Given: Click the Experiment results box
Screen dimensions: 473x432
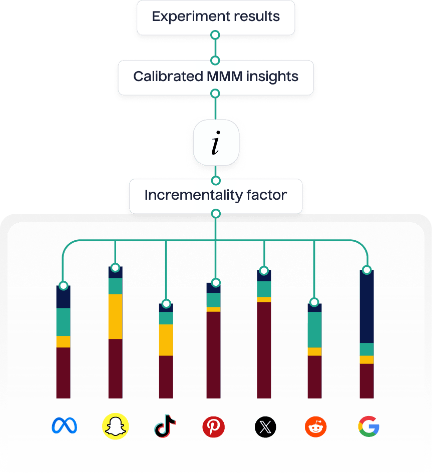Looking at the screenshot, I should point(216,17).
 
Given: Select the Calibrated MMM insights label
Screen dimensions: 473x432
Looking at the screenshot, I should point(216,77).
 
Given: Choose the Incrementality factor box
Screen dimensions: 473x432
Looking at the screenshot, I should point(216,195).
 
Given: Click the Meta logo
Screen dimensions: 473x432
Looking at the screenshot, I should point(64,426).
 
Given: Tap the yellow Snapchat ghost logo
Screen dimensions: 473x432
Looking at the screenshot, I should point(116,426).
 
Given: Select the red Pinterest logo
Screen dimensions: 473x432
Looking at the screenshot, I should point(214,427).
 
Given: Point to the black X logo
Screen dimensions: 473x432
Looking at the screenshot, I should point(265,427).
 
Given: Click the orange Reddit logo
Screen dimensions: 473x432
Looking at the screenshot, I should point(315,427).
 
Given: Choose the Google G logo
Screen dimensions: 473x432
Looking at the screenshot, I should point(368,427).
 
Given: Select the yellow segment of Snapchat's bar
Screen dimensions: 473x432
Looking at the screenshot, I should point(116,316).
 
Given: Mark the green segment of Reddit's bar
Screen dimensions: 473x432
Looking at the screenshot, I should point(314,329).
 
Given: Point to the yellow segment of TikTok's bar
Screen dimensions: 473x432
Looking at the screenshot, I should point(166,340).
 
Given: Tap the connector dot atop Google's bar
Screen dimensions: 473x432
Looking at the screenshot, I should point(367,270).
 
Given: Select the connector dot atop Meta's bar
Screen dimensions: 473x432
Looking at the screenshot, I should point(63,286).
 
